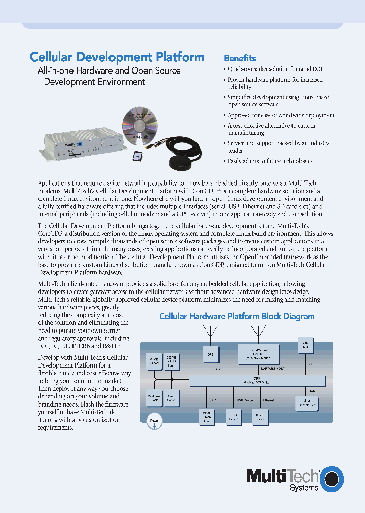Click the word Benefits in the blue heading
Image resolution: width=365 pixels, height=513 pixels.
click(x=240, y=58)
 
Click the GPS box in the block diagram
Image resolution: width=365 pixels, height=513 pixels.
click(x=210, y=354)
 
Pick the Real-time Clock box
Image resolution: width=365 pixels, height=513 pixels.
click(x=154, y=398)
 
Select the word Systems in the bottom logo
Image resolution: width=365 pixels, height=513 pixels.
click(x=304, y=487)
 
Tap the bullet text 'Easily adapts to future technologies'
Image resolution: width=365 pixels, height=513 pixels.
click(x=270, y=161)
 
